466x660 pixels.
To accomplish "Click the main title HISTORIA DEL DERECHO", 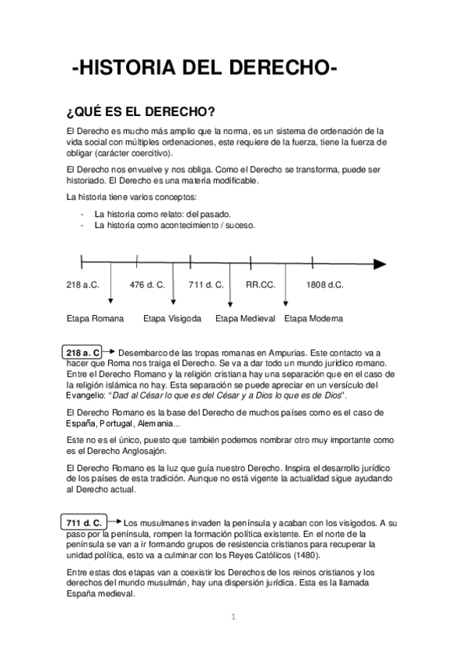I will click(x=204, y=70).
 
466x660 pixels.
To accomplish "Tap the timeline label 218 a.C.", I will click(x=82, y=285).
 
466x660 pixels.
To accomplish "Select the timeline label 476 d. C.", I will click(x=147, y=285).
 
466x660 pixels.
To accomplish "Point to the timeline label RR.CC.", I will click(x=261, y=285).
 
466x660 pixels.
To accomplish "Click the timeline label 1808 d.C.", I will click(x=325, y=285).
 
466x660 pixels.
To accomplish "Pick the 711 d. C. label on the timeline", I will click(x=206, y=285).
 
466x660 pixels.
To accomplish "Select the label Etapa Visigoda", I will click(x=173, y=318).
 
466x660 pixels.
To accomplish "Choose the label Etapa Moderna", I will click(x=314, y=318).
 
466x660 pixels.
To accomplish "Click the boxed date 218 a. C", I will click(x=84, y=353).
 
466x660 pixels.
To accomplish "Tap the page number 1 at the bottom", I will click(x=233, y=617).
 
